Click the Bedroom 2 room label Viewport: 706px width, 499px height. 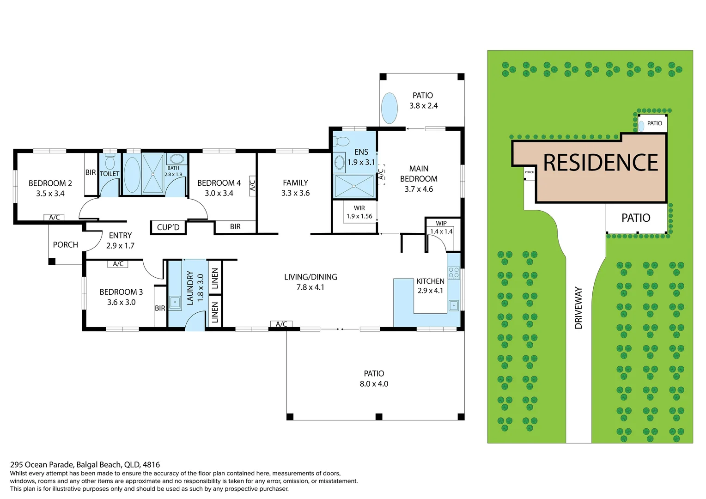[50, 183]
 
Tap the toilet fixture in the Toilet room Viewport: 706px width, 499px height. [110, 162]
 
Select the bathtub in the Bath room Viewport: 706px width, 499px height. [132, 174]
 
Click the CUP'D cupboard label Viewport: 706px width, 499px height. [168, 227]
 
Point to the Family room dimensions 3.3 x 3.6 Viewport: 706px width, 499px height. [295, 193]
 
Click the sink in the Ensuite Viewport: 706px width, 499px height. [339, 162]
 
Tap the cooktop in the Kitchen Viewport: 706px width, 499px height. [453, 273]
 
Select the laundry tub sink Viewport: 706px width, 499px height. [175, 303]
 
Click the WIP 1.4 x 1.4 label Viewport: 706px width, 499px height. [441, 228]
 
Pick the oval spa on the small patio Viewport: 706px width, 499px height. [390, 108]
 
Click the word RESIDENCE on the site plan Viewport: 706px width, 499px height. [600, 163]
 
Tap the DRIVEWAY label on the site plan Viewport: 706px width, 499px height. [578, 308]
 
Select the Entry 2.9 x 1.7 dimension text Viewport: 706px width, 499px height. [120, 246]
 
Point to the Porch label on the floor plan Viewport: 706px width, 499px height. [65, 245]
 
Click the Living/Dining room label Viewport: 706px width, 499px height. [310, 277]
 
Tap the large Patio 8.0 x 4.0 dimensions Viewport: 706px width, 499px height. [374, 384]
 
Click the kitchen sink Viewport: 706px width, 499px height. [454, 305]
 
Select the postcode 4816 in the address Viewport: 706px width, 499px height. [152, 465]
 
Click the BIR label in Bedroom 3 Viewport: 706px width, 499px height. [160, 308]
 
